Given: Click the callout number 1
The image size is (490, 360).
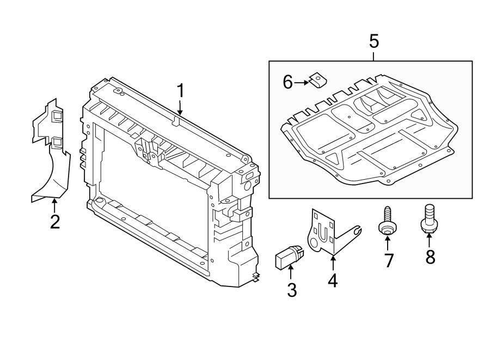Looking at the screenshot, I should tap(181, 90).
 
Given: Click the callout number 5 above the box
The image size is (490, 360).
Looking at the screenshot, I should tap(373, 41).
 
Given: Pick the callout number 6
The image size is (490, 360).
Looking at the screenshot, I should tap(288, 82).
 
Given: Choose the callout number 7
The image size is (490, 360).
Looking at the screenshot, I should tap(388, 260).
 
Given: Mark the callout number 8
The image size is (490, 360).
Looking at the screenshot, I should tap(430, 257).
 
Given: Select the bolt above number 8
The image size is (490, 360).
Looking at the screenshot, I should tap(427, 220).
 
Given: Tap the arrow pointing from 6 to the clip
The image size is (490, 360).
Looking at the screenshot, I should tap(302, 83).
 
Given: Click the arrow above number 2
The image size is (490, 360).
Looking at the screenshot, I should tap(54, 206).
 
